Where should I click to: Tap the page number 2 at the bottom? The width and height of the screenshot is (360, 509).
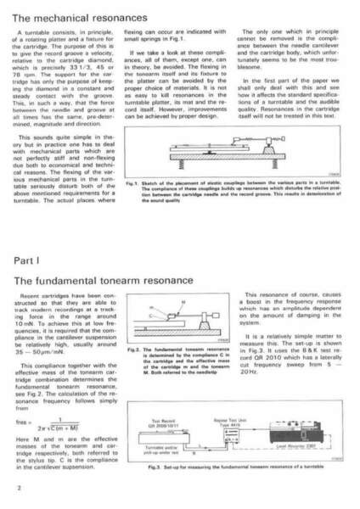18,489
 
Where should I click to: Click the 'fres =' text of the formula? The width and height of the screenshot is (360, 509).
26,423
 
